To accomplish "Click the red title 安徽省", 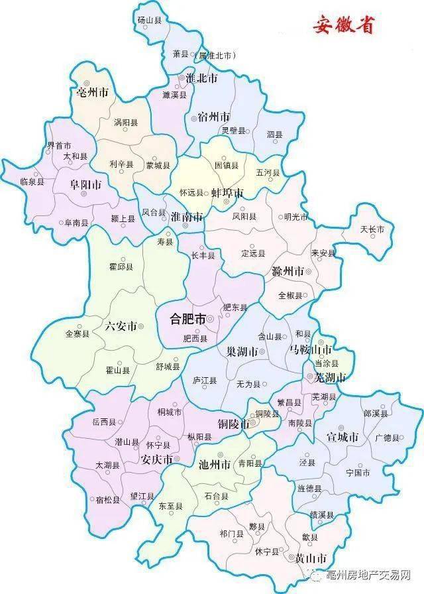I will (x=343, y=26).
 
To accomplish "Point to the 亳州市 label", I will (x=92, y=92).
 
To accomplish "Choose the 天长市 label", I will (x=372, y=229).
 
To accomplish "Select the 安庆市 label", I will (x=158, y=459).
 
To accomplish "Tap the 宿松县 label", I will (x=107, y=500).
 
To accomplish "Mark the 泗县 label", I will (x=274, y=135).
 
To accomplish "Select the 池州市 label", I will (x=214, y=464).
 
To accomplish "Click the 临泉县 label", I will (x=32, y=181).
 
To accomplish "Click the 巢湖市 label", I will (x=241, y=352).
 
